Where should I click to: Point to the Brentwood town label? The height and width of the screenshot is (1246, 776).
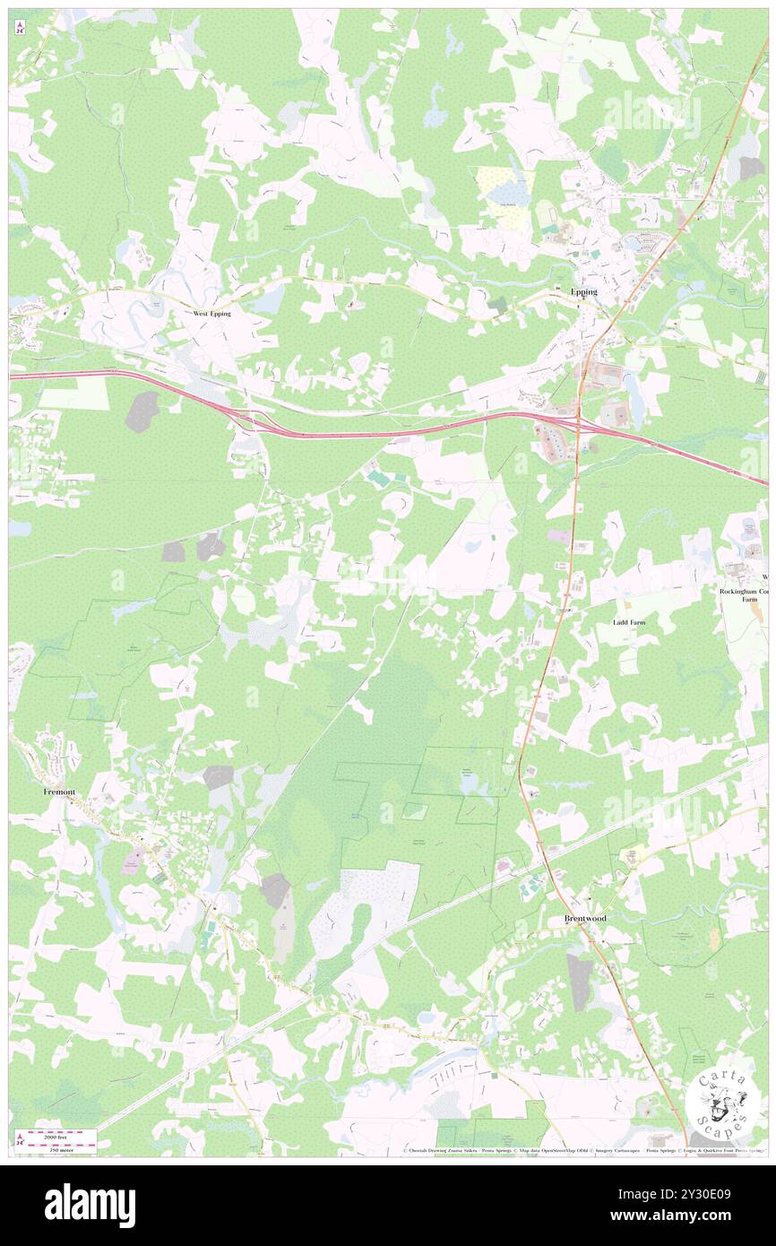[584, 919]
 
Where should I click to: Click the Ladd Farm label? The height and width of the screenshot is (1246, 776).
[628, 621]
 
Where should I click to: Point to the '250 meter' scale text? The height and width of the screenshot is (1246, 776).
[60, 1147]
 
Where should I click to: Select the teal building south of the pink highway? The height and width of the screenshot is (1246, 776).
[380, 481]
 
